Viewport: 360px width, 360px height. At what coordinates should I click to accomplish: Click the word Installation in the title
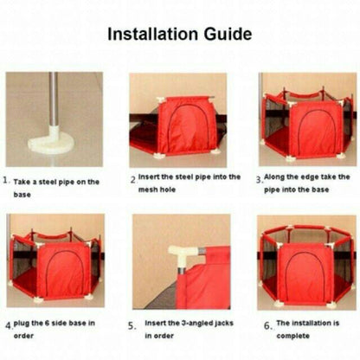coord(153,34)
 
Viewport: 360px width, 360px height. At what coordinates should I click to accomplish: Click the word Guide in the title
coord(228,34)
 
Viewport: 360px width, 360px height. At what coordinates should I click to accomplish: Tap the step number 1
coord(5,181)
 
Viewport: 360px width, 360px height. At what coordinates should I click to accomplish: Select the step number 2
coord(133,180)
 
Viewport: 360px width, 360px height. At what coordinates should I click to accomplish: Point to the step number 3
coord(259,179)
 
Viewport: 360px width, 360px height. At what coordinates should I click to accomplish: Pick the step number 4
coord(9,326)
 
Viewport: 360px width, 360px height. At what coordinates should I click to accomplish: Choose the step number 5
coord(132,326)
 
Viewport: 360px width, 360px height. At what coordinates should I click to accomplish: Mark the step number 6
coord(267,325)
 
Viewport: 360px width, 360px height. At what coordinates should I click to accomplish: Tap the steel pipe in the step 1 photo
coord(53,99)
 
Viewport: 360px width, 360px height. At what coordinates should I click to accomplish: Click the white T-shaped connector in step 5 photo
coord(183,255)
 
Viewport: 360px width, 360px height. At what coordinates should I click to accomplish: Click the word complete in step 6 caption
coord(292,336)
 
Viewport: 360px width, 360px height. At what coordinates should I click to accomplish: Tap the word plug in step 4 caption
coord(21,324)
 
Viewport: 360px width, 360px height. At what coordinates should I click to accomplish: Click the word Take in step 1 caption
coord(22,182)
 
